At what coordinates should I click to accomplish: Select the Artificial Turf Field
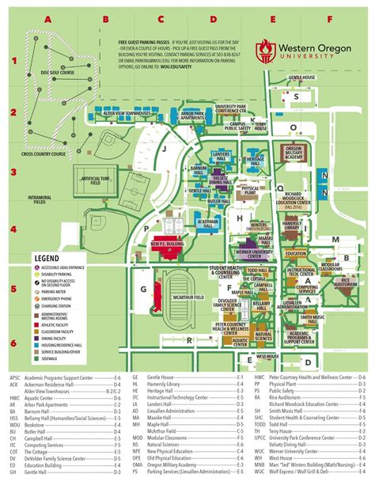click(94, 180)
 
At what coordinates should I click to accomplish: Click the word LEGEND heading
click(47, 258)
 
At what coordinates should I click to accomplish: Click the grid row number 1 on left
click(13, 58)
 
